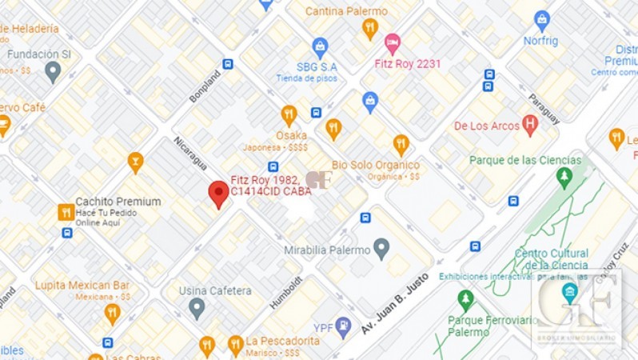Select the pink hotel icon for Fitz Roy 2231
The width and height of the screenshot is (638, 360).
[392, 42]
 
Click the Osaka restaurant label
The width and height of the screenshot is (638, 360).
[291, 135]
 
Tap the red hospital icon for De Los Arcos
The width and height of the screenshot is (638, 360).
[529, 125]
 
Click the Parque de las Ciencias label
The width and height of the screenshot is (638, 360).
[524, 160]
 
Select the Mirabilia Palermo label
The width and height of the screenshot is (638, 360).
[328, 250]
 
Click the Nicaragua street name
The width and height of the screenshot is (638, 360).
[190, 153]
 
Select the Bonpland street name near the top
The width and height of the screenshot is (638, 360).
[205, 86]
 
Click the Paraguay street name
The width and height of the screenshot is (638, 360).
[544, 109]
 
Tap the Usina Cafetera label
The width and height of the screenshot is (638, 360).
[217, 291]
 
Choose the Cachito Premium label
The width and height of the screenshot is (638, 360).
[118, 202]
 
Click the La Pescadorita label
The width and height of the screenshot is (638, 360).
[282, 341]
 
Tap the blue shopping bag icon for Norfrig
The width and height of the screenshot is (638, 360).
[542, 19]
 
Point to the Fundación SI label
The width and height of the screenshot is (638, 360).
[39, 54]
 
